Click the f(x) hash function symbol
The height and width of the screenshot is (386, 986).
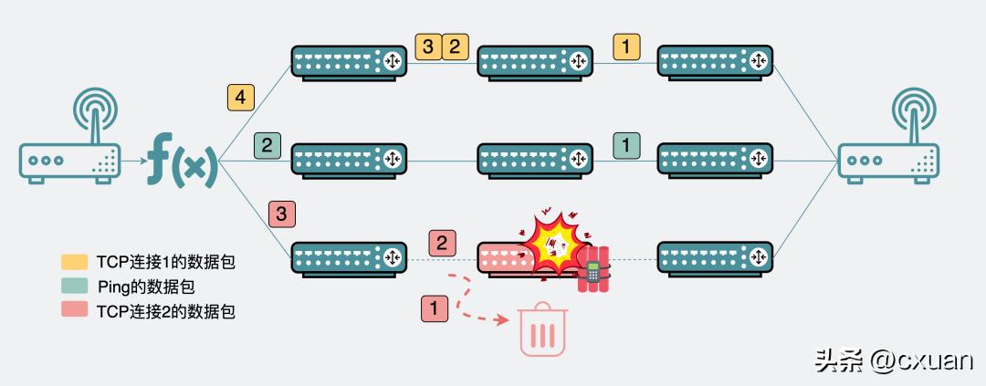[183, 161]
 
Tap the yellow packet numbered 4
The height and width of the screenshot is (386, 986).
[241, 97]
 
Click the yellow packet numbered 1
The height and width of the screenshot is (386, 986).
[626, 46]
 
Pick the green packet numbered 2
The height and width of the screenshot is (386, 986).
[267, 144]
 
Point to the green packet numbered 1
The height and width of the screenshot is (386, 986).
[626, 144]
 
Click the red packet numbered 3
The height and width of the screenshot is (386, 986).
[282, 214]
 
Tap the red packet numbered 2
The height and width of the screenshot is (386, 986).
[442, 243]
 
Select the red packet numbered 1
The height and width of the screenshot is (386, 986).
[435, 308]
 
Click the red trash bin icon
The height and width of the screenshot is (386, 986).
[543, 330]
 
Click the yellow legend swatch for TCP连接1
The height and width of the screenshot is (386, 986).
[76, 262]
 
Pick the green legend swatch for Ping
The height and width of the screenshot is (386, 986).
[76, 287]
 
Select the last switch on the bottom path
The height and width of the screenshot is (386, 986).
[715, 259]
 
